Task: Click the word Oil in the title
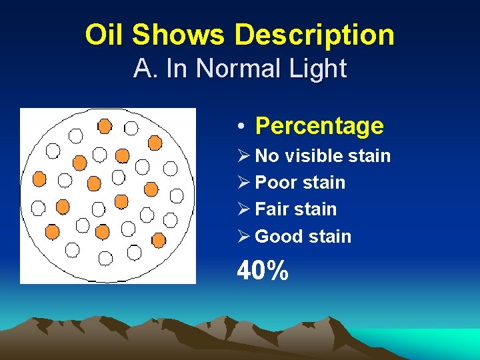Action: (x=105, y=35)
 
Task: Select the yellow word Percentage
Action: (x=319, y=125)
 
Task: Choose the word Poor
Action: (x=276, y=183)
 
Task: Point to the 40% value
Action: (x=263, y=271)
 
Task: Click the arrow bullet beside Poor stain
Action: (x=243, y=183)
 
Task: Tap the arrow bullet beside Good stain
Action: (x=243, y=236)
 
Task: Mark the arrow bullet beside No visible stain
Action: (x=243, y=156)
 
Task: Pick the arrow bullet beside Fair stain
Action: (x=243, y=209)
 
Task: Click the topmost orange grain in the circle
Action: (x=105, y=126)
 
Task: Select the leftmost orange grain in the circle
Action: (x=39, y=178)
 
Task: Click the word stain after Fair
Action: (x=315, y=209)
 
